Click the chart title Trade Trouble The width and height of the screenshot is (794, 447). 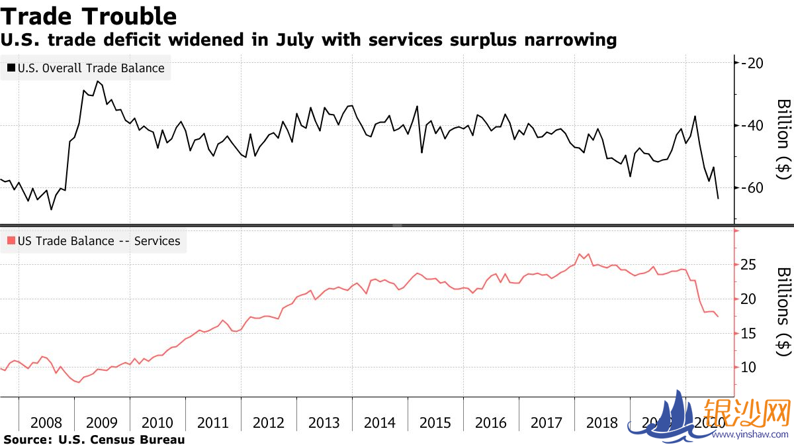click(90, 16)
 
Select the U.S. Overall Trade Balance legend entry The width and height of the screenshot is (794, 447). click(86, 68)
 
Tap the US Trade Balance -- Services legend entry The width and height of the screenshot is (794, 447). click(93, 241)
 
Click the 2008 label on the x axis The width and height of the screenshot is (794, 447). click(46, 423)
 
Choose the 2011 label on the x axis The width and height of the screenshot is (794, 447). click(213, 423)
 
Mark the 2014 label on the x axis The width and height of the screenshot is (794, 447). click(380, 423)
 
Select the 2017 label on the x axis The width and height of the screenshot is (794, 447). click(547, 423)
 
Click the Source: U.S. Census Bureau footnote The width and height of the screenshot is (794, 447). click(95, 440)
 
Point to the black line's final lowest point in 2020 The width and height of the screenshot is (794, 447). click(719, 198)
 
